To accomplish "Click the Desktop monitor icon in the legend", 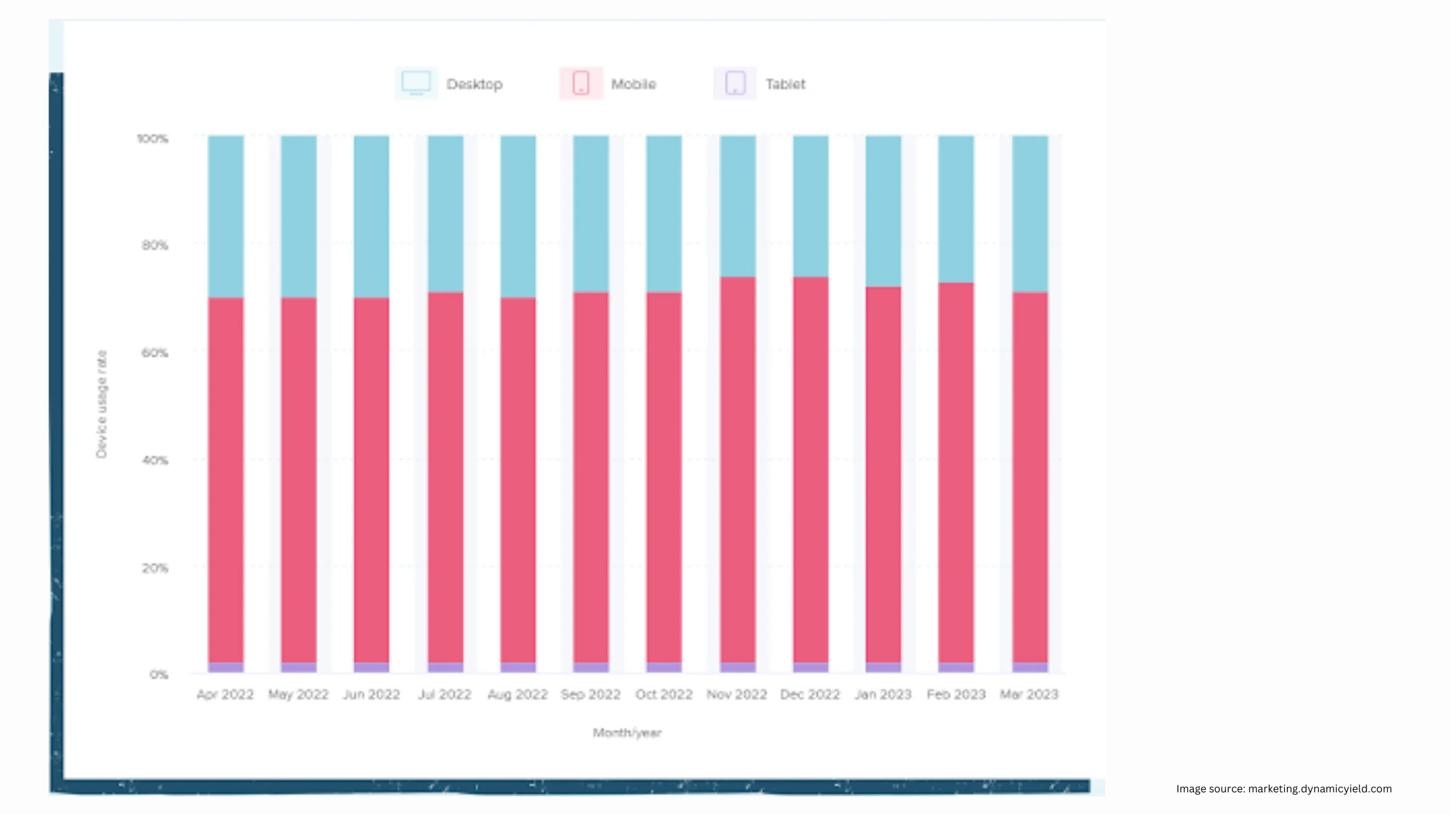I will click(x=416, y=83).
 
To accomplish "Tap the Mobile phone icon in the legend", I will click(x=581, y=83).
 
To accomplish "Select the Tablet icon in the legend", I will click(x=735, y=83).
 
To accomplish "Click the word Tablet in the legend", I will click(x=785, y=84).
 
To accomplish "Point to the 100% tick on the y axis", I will click(x=153, y=138).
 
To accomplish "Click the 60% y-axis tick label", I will click(x=155, y=353).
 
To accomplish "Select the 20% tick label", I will click(x=155, y=568).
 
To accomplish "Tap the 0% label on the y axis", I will click(x=159, y=675).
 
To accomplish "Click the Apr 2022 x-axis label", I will click(x=225, y=694).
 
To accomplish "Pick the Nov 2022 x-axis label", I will click(x=737, y=694).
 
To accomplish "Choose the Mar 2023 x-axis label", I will click(x=1029, y=694).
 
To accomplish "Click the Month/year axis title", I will click(x=627, y=733).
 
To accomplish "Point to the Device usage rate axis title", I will click(x=102, y=404).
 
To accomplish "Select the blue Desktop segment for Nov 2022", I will click(x=737, y=206).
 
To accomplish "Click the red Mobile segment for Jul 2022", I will click(x=445, y=477).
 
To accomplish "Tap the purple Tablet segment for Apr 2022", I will click(x=225, y=667).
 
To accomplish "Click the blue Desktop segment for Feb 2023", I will click(x=955, y=208).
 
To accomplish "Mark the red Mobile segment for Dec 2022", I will click(x=810, y=470).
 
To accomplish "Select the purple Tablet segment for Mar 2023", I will click(x=1029, y=667).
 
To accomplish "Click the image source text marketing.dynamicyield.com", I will click(x=1319, y=788).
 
